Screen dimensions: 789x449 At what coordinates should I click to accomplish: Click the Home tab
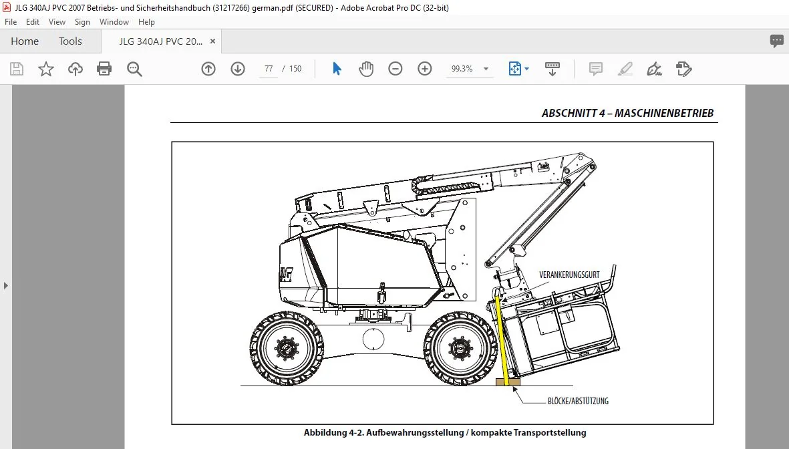(x=25, y=41)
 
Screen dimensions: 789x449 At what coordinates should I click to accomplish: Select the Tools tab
(x=70, y=41)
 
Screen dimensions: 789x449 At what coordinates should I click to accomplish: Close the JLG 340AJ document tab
(x=213, y=41)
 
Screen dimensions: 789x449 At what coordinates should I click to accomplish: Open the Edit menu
(x=33, y=21)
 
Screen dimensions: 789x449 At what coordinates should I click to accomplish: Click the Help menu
(x=146, y=21)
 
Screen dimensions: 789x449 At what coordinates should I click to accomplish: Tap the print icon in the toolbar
(x=104, y=68)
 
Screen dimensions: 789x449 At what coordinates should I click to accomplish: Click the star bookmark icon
(x=46, y=68)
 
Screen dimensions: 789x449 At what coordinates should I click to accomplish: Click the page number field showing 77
(x=269, y=69)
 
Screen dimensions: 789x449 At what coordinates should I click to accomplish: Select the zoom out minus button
(x=396, y=68)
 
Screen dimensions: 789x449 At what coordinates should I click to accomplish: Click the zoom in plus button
(x=425, y=68)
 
